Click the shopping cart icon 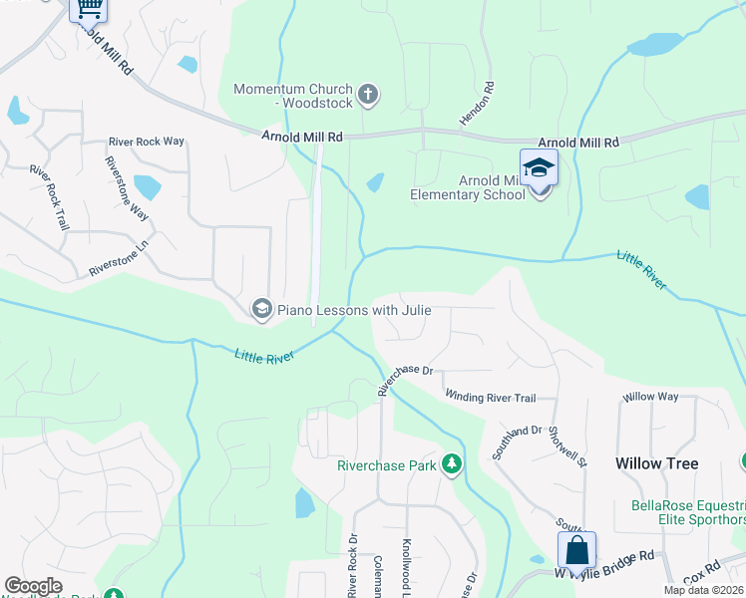89,8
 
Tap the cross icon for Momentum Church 368,96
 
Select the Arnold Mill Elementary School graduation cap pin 538,167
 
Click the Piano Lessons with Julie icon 261,309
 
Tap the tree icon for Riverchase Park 452,463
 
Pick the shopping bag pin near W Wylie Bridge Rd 576,549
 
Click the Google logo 33,586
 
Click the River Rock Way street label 147,142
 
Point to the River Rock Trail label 49,197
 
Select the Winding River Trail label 490,398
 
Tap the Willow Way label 650,397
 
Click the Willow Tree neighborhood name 656,463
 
